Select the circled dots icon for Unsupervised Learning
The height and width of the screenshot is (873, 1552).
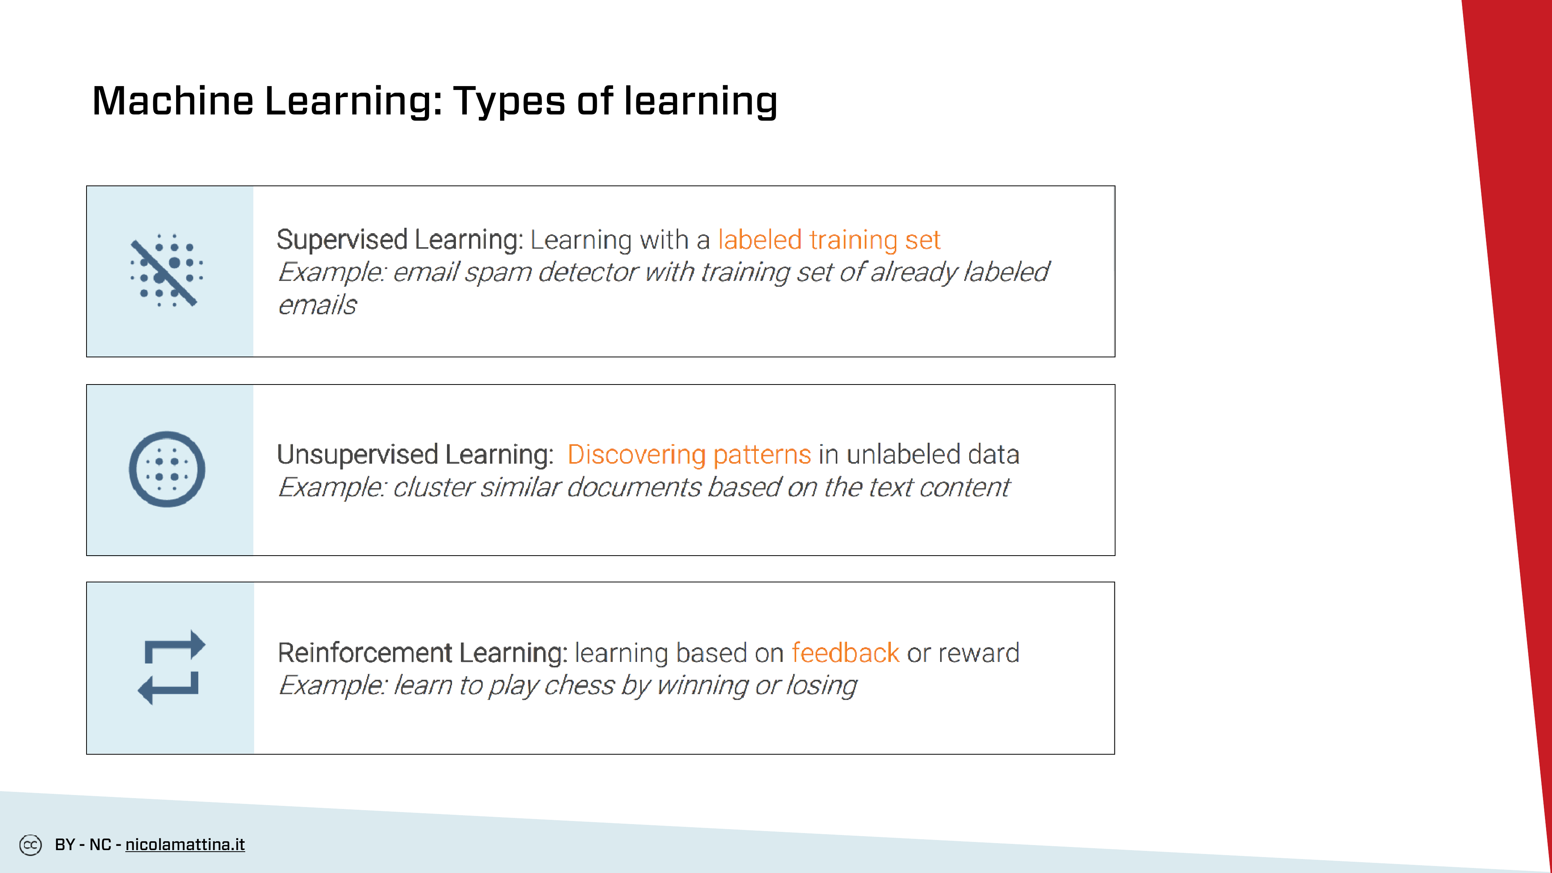tap(167, 469)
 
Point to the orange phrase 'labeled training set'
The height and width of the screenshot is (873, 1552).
tap(829, 240)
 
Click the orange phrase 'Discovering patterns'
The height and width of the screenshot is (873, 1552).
tap(689, 454)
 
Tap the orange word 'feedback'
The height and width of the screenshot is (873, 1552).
tap(845, 653)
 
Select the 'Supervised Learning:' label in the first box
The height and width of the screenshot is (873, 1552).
tap(400, 240)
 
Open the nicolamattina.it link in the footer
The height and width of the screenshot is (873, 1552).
tap(185, 845)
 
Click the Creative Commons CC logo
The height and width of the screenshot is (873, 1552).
tap(30, 845)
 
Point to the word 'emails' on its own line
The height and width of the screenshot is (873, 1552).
tap(317, 305)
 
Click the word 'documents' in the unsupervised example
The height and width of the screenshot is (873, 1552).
tap(634, 487)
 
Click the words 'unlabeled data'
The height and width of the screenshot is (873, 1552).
tap(933, 454)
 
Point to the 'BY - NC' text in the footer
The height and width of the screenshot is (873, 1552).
tap(83, 845)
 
